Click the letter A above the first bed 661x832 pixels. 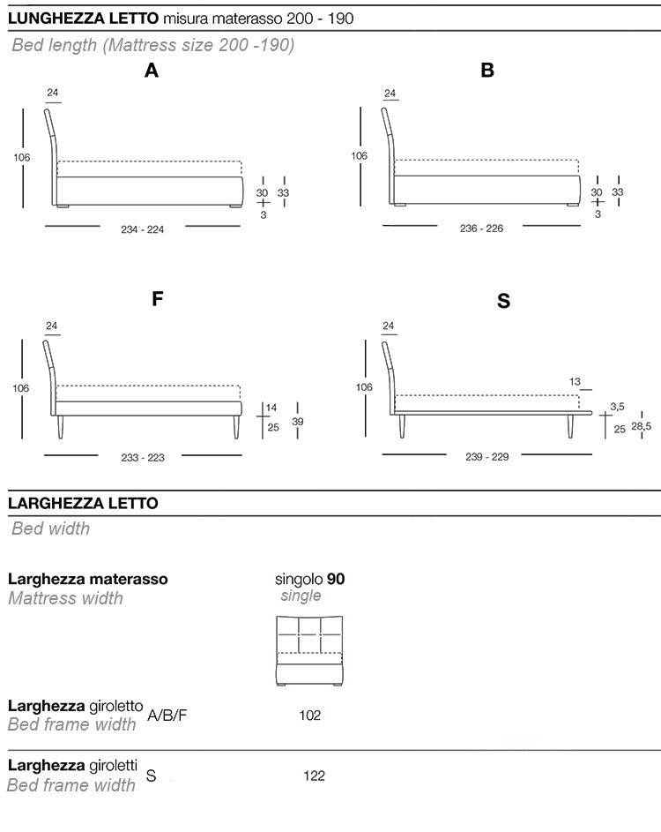pyautogui.click(x=152, y=71)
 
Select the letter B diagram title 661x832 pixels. pyautogui.click(x=487, y=71)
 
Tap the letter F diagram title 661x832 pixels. pyautogui.click(x=158, y=298)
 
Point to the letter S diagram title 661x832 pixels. pyautogui.click(x=503, y=301)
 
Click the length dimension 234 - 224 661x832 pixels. pyautogui.click(x=143, y=229)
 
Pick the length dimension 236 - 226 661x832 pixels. pyautogui.click(x=481, y=229)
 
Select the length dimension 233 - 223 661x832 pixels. pyautogui.click(x=143, y=457)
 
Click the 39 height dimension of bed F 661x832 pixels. pyautogui.click(x=298, y=422)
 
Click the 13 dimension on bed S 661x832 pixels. pyautogui.click(x=575, y=382)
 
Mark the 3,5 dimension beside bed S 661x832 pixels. pyautogui.click(x=617, y=407)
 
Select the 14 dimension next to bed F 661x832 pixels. pyautogui.click(x=271, y=408)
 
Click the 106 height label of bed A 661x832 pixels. pyautogui.click(x=22, y=157)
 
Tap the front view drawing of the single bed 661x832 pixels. pyautogui.click(x=308, y=648)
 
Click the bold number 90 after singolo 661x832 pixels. pyautogui.click(x=336, y=580)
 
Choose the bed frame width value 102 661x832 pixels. pyautogui.click(x=310, y=715)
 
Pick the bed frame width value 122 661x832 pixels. pyautogui.click(x=314, y=776)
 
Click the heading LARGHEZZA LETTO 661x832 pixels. pyautogui.click(x=83, y=503)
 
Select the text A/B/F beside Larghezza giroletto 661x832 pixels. pyautogui.click(x=167, y=715)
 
